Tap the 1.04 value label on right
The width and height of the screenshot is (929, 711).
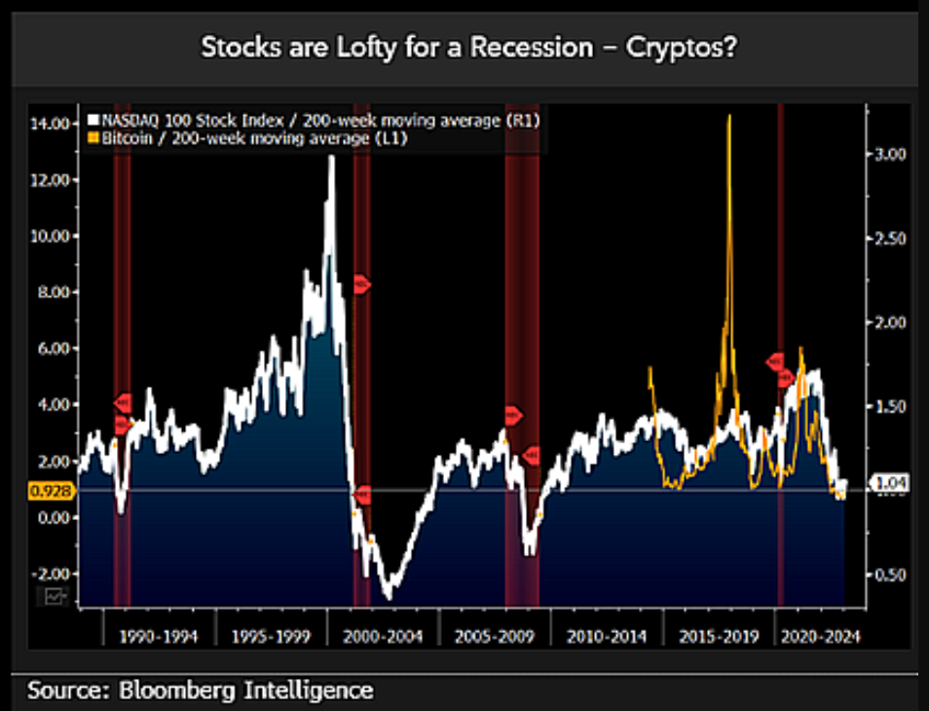[x=889, y=482]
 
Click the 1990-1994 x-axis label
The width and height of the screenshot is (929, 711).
[x=160, y=637]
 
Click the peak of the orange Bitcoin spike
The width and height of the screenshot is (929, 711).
[x=728, y=116]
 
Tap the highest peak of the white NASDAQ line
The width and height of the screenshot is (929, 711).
[x=331, y=157]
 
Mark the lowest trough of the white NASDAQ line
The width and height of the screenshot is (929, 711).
[x=388, y=598]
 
